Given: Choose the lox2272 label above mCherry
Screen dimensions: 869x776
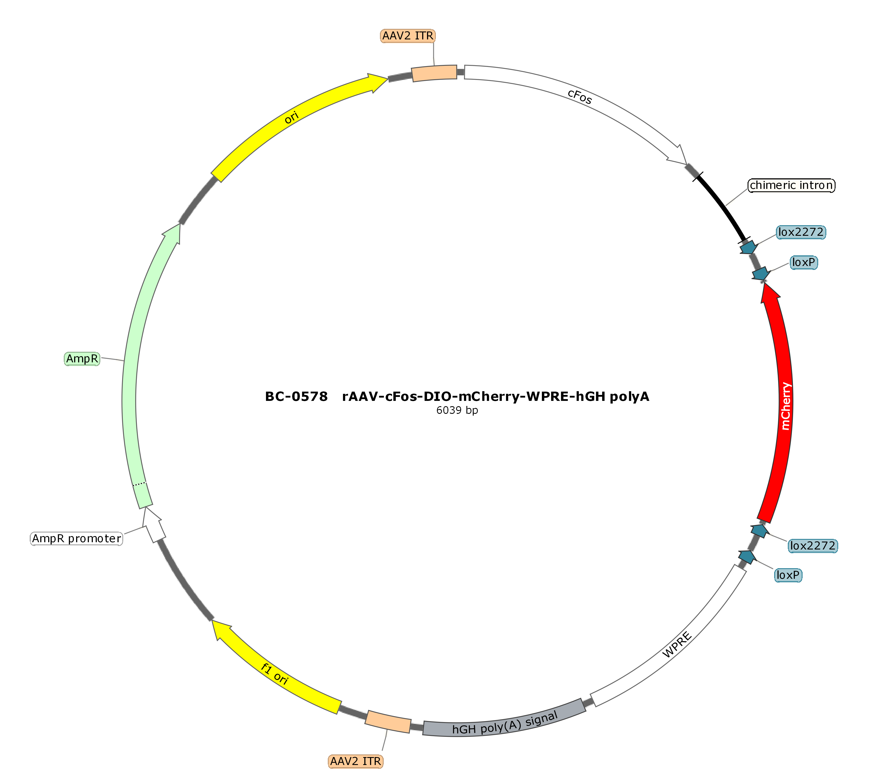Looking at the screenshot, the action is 801,232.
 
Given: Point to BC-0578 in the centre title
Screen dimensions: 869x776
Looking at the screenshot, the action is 296,396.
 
